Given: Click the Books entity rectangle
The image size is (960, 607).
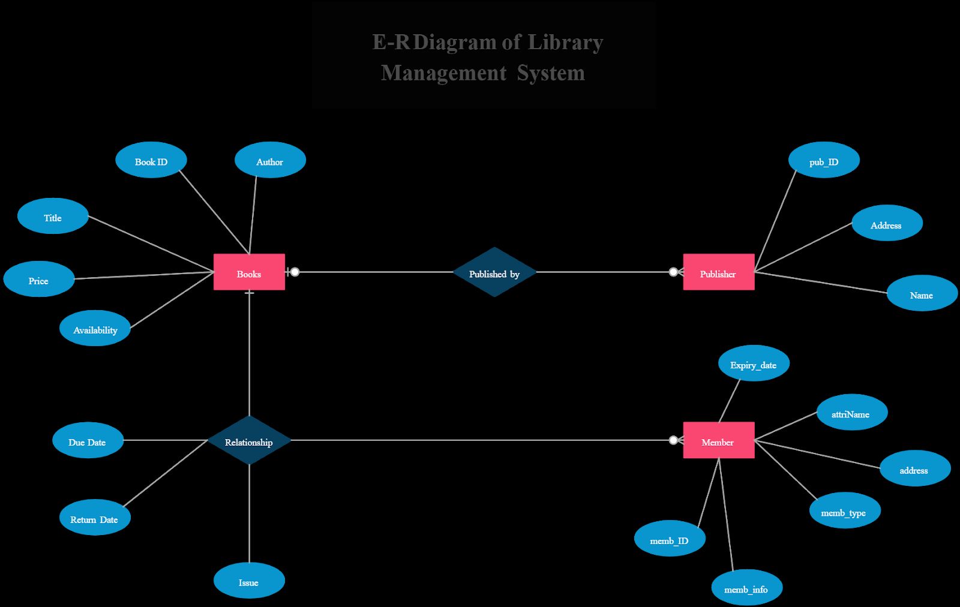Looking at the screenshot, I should pos(249,272).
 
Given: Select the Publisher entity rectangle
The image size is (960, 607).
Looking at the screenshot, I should pos(718,272).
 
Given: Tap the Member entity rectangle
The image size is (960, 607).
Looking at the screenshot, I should pos(718,440).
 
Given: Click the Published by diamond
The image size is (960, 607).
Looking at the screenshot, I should pos(494,272).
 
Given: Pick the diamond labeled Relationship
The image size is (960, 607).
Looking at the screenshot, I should pos(249,440).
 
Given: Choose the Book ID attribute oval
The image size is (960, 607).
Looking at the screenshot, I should pos(151,160).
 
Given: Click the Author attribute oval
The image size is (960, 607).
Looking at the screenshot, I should pos(270,160).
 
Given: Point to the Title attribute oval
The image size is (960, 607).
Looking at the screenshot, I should pos(53,216).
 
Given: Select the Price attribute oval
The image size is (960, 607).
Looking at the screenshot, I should pos(39,279).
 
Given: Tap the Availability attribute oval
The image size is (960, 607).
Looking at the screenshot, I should pos(95,328).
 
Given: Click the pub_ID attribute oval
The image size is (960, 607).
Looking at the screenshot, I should pos(824,160).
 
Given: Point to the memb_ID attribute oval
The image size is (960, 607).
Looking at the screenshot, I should pos(670,539).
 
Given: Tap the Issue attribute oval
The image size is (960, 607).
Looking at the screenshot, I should pos(249,581).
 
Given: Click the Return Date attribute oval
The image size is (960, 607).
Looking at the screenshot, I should pos(95,518).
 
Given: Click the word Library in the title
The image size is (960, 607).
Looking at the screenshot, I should pos(565,43).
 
